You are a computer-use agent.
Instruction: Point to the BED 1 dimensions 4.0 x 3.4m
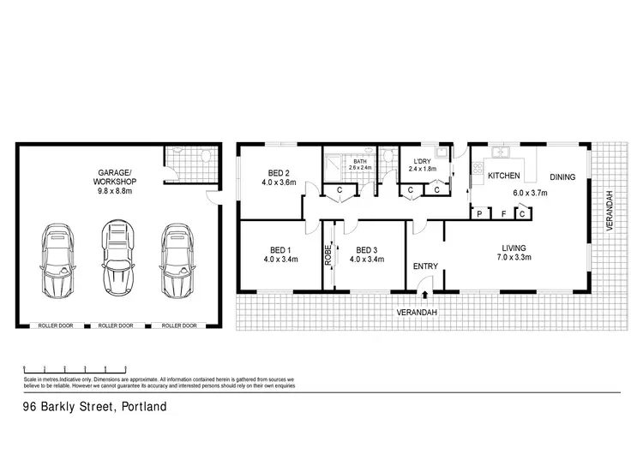(x=279, y=259)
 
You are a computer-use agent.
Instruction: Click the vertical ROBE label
(x=328, y=254)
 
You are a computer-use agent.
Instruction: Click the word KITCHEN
(x=505, y=176)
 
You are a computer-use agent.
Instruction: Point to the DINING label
(x=562, y=177)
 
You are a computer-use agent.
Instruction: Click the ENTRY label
(x=425, y=266)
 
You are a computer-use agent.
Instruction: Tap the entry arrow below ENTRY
(x=426, y=296)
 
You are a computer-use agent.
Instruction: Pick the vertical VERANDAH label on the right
(x=610, y=211)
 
